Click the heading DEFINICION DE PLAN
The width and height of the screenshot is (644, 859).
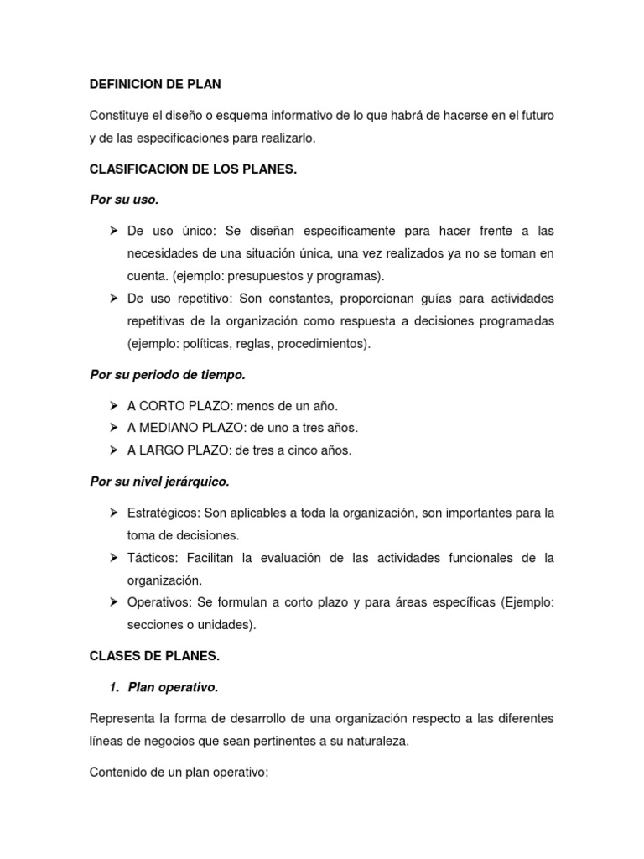[x=155, y=84]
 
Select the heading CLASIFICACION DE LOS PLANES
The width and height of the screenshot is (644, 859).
[x=194, y=169]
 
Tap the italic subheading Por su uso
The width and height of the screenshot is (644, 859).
[x=124, y=200]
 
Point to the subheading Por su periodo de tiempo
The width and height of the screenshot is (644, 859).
[x=167, y=374]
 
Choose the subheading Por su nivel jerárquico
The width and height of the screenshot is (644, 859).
[x=159, y=482]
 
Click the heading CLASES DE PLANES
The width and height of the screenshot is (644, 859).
[x=154, y=657]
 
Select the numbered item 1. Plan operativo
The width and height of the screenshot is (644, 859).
[x=164, y=687]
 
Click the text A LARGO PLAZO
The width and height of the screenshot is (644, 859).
[x=178, y=450]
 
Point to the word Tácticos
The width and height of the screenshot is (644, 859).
[x=151, y=558]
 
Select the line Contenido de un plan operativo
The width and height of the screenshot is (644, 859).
[x=179, y=771]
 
